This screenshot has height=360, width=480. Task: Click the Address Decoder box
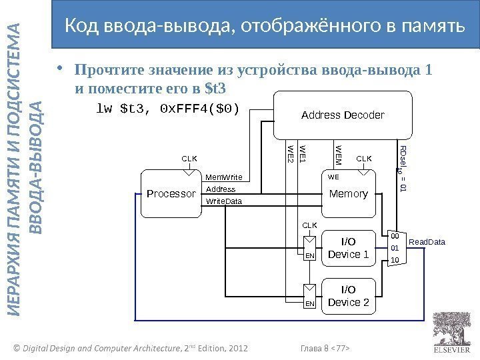(343, 115)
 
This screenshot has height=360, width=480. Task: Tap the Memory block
(349, 194)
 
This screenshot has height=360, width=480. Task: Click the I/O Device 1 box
(349, 247)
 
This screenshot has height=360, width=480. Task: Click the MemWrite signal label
(223, 177)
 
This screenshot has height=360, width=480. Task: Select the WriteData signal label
(223, 201)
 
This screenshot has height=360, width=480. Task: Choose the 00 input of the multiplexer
(395, 236)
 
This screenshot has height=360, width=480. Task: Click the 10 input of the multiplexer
(395, 259)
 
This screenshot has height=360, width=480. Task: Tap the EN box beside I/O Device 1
(309, 255)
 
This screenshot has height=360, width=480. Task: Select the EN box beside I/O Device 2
(309, 304)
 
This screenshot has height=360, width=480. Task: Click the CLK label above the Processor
(190, 159)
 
